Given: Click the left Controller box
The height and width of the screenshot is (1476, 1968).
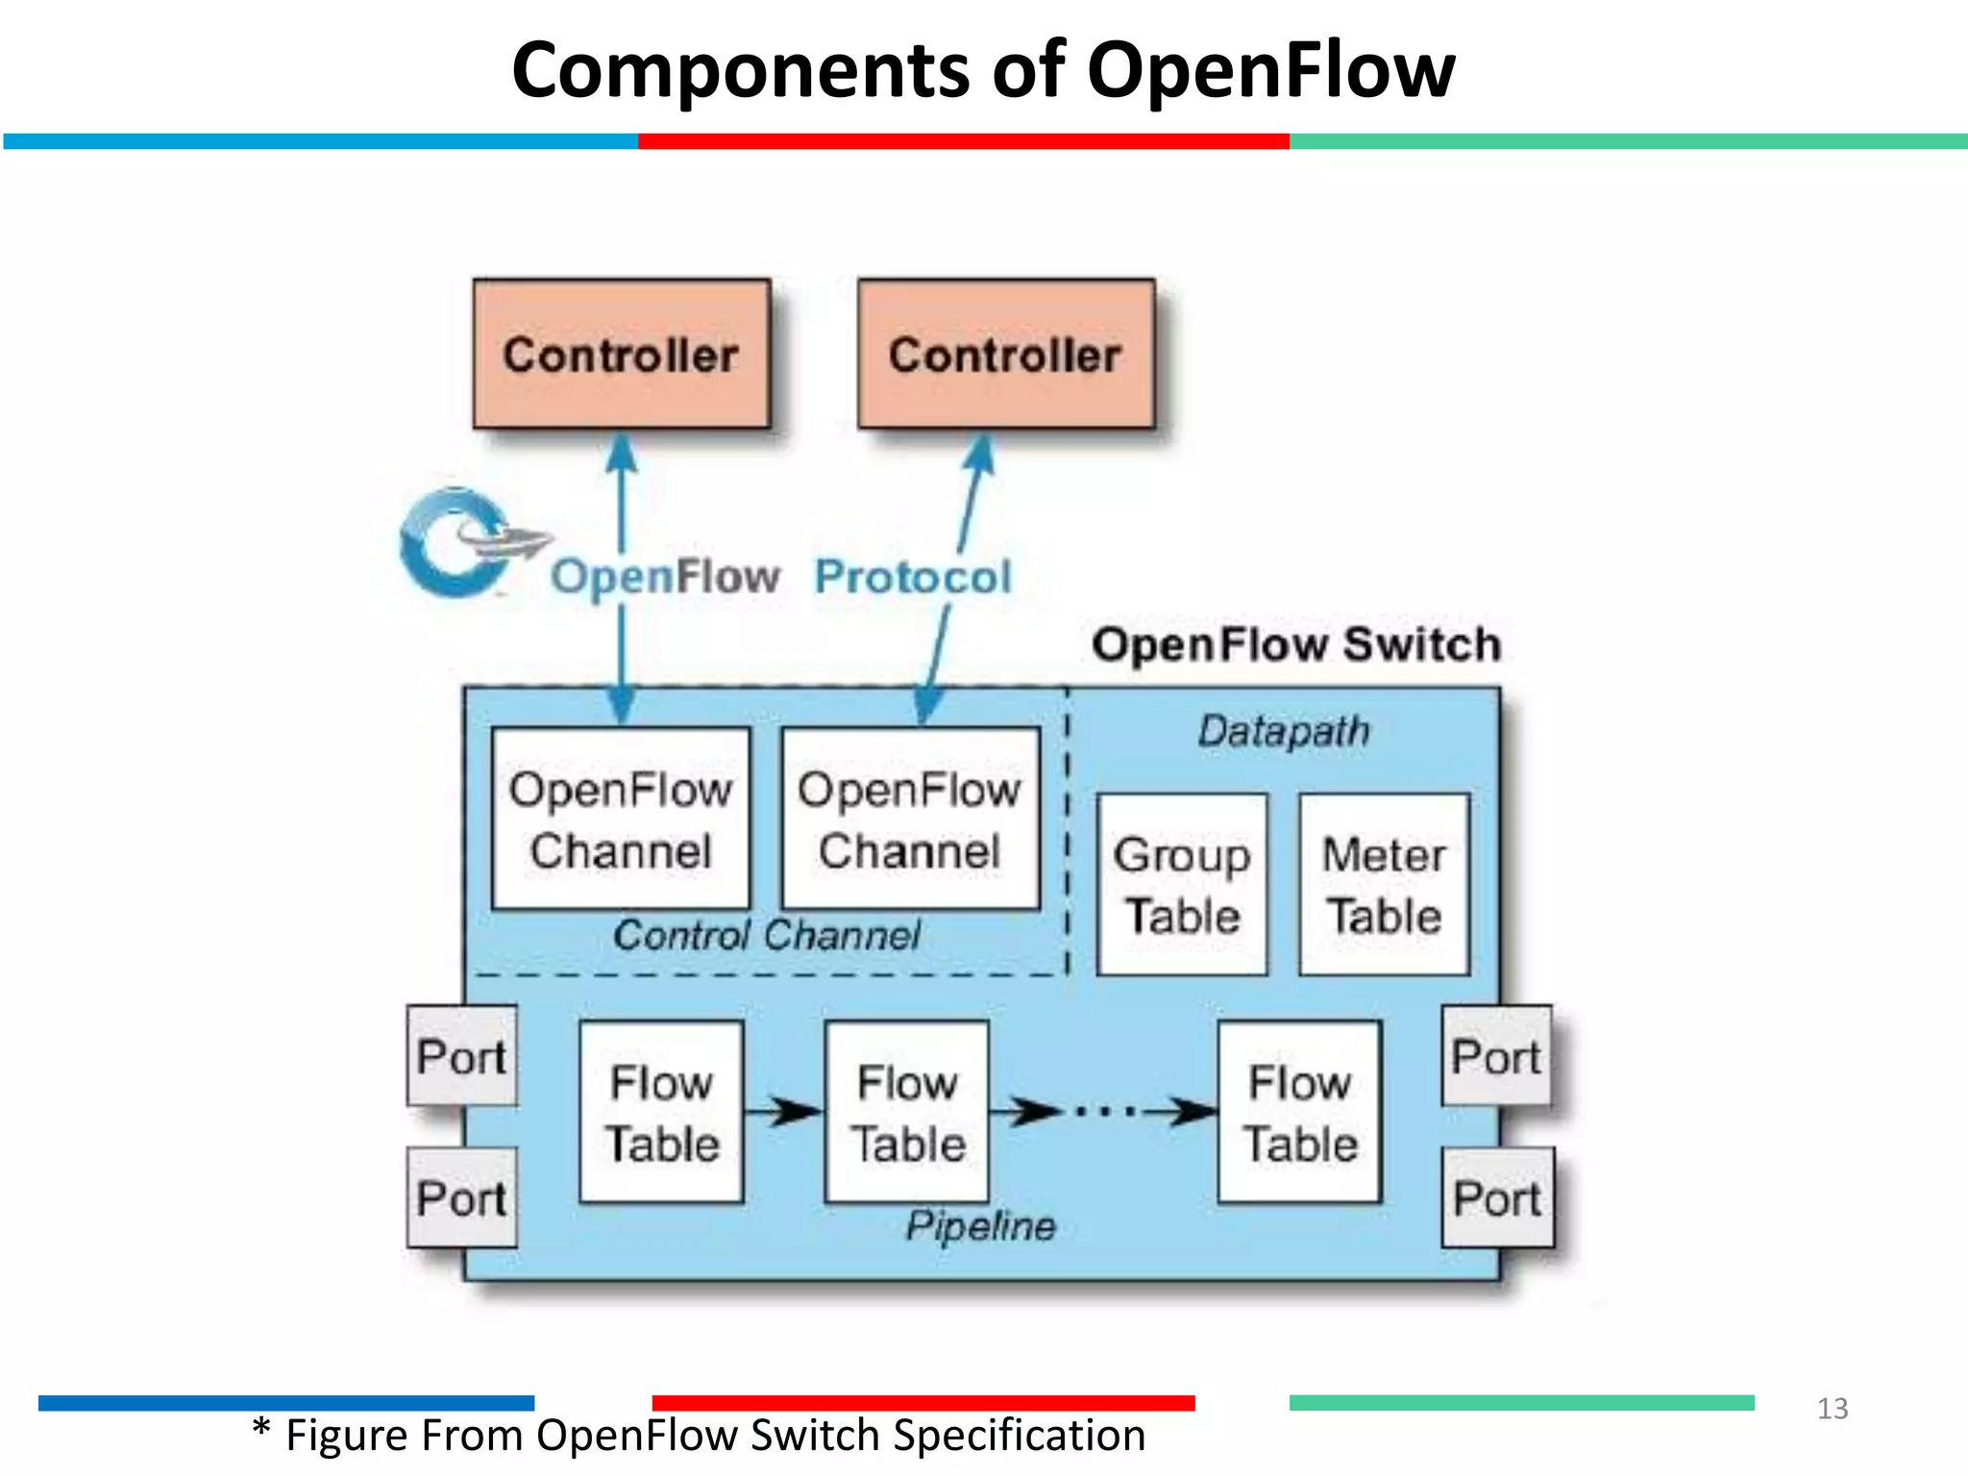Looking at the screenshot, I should point(621,354).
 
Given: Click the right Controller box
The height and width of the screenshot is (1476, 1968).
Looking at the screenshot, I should point(1005,354).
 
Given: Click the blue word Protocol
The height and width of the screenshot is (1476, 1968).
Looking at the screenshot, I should point(913,577).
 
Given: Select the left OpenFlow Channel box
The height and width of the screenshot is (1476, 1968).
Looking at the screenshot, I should point(620,819).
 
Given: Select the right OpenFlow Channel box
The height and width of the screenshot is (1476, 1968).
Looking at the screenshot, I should point(910,819).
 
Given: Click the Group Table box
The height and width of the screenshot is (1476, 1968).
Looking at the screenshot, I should point(1182,884).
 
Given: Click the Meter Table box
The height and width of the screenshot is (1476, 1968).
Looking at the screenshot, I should point(1384,884).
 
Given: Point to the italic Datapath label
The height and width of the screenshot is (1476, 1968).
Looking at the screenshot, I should point(1283,731).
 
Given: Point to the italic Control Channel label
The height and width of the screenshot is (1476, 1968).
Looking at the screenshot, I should point(766,935).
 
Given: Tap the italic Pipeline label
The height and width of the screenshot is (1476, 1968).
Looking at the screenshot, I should point(980,1225).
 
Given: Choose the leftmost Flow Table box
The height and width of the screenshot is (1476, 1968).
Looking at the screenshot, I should point(661,1112).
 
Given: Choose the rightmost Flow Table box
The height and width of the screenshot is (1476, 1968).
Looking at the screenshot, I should point(1299,1112).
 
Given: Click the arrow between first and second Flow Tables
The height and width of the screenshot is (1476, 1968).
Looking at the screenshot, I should point(783,1112).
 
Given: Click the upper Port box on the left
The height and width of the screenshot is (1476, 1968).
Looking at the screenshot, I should point(461,1056).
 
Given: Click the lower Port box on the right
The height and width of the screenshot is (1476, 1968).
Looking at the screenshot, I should point(1497,1197).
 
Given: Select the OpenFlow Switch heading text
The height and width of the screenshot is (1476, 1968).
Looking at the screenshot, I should point(1295,644).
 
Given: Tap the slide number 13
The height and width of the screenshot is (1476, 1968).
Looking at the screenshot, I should point(1832,1409).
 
